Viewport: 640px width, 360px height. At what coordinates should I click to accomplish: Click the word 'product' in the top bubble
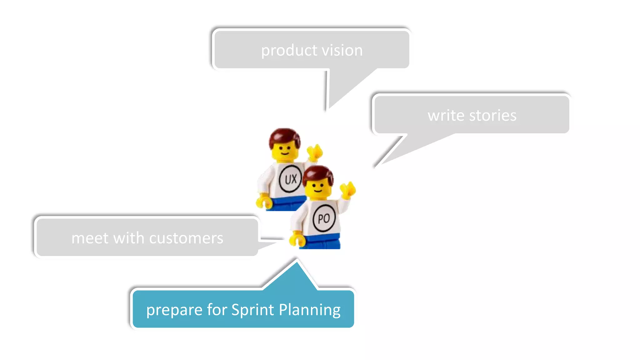(285, 51)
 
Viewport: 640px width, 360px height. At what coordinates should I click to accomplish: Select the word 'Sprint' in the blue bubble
(253, 310)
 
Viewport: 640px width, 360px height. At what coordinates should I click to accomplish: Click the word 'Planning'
(309, 310)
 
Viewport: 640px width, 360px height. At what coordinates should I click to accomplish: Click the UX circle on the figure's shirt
(290, 179)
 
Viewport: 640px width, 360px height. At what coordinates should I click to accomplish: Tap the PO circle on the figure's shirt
(324, 218)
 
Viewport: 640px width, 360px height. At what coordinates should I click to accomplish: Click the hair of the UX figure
(284, 136)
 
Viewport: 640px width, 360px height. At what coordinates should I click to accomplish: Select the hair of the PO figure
(318, 174)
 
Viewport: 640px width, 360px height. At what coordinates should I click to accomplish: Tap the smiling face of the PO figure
(318, 189)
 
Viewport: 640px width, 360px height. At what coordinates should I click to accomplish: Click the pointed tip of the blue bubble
(297, 261)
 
